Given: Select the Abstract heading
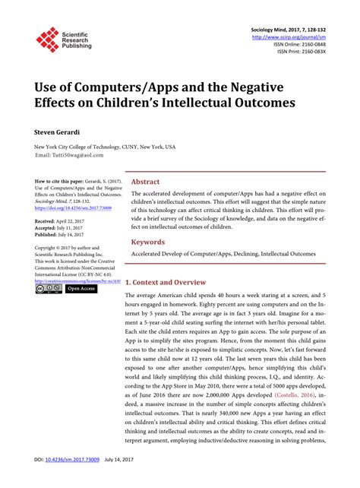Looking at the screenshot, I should point(145,182).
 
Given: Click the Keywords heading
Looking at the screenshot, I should point(149,242).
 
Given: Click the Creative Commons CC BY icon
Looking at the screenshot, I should point(49,289).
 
